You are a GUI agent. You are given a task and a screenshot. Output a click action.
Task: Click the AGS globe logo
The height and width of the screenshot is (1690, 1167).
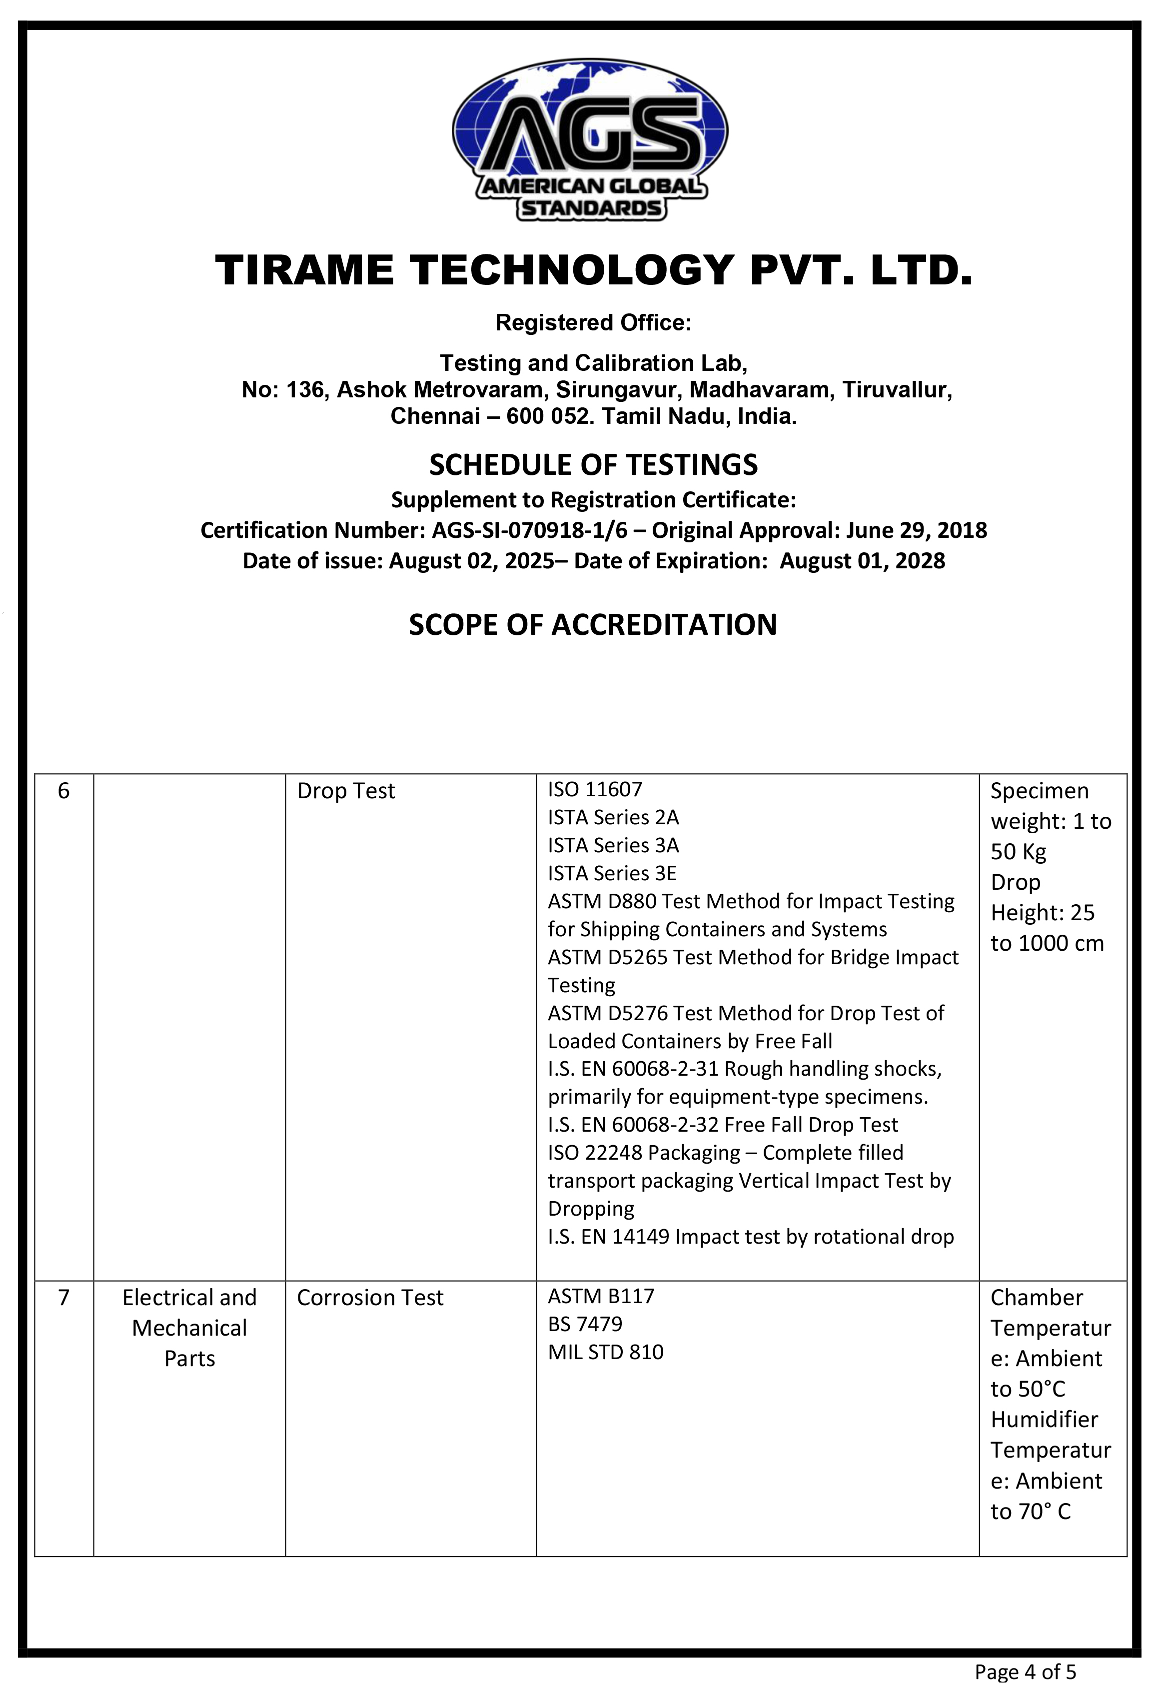[590, 139]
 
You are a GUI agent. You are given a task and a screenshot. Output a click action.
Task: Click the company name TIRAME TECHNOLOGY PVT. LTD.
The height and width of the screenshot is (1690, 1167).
[593, 270]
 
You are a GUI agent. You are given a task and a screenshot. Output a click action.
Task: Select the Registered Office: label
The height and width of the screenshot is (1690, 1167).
[593, 322]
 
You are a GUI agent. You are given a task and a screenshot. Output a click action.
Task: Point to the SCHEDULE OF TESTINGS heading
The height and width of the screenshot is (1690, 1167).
[593, 465]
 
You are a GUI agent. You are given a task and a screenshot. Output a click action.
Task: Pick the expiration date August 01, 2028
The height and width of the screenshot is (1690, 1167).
[862, 561]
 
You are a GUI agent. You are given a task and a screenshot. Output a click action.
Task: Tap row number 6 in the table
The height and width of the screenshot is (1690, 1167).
[63, 791]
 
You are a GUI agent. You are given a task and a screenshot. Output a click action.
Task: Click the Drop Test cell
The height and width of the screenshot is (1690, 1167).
[346, 791]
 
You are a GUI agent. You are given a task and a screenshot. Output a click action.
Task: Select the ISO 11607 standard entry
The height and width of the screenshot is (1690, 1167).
[595, 790]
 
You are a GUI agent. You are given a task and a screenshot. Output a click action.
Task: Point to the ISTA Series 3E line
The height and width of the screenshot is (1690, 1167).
[613, 873]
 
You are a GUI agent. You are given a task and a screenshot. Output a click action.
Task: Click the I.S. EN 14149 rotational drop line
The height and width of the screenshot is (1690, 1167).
[750, 1237]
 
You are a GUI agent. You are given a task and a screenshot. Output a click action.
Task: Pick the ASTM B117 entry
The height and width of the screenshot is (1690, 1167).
[601, 1297]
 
